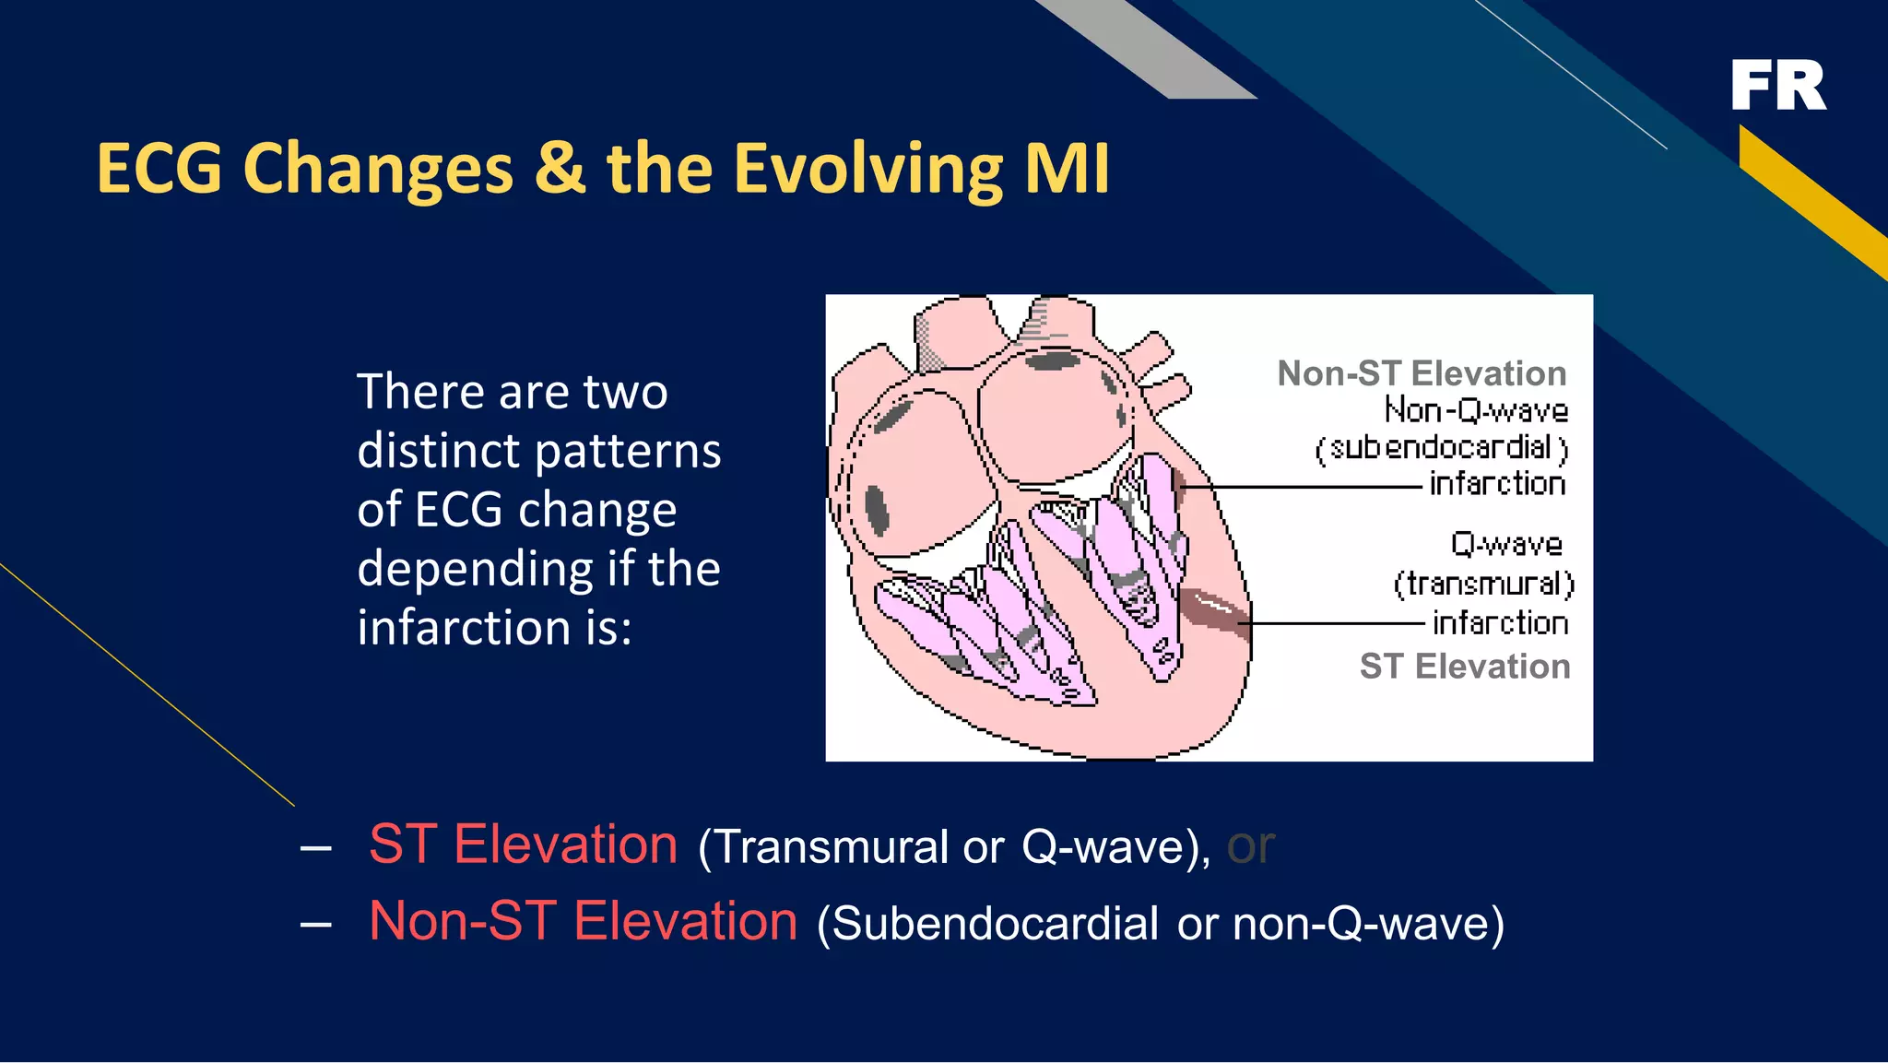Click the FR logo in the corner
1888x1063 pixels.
point(1777,86)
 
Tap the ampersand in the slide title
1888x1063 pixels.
point(560,169)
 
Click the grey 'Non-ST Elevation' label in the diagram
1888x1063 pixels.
point(1422,373)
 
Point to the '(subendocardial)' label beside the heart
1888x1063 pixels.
point(1442,448)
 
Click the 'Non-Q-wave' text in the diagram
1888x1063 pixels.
point(1476,410)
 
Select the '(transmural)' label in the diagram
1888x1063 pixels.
point(1483,584)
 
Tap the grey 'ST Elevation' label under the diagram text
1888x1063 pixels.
point(1464,666)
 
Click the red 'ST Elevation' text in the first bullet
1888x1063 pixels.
point(523,844)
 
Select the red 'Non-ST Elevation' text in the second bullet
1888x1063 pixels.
point(583,921)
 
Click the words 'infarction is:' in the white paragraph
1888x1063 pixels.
point(494,628)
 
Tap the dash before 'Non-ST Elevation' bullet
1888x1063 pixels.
point(315,923)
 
